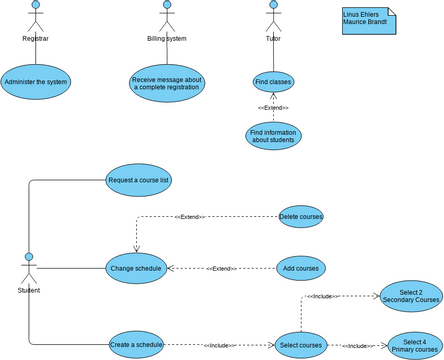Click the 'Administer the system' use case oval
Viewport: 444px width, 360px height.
coord(36,82)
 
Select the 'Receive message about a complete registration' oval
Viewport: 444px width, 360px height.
coord(167,83)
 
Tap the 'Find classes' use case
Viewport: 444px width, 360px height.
coord(273,82)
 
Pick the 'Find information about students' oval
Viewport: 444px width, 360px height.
coord(273,136)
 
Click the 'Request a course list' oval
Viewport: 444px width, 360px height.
coord(139,181)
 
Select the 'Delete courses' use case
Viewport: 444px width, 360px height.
coord(301,216)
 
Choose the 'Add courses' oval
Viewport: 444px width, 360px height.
coord(301,268)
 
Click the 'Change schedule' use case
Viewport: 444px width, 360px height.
coord(136,268)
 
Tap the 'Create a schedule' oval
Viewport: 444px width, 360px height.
coord(136,345)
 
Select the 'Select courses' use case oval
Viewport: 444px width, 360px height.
coord(301,345)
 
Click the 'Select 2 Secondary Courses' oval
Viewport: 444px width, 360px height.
coord(411,296)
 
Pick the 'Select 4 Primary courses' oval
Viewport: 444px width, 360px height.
coord(414,346)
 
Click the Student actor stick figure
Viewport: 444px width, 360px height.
coord(29,268)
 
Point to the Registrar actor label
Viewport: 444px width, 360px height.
coord(36,39)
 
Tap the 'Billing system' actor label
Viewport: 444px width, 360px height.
coord(167,39)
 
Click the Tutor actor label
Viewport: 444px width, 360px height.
coord(273,39)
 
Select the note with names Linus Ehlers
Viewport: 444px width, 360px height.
coord(368,21)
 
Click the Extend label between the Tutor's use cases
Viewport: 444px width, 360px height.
coord(273,107)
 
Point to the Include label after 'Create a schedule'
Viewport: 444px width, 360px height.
coord(219,346)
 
